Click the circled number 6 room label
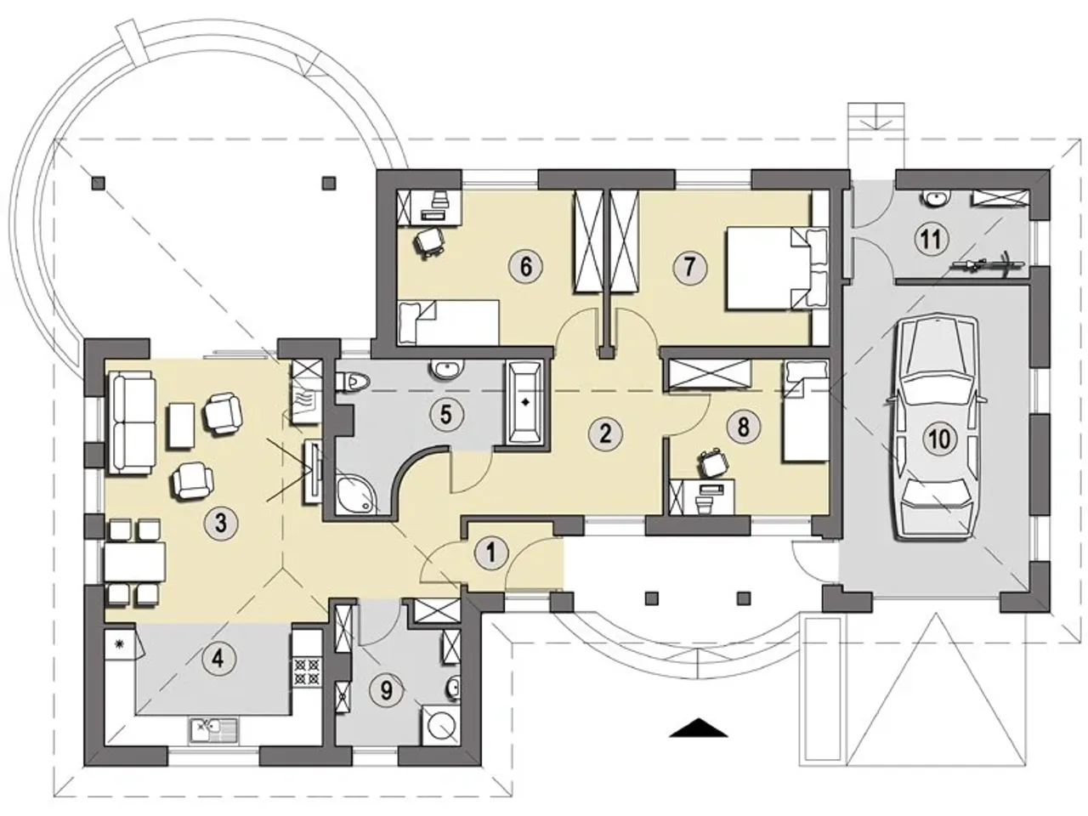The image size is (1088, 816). [525, 267]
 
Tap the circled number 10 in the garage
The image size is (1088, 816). [938, 438]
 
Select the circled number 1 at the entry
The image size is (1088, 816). [490, 552]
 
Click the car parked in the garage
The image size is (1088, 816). [935, 428]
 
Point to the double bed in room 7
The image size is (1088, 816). [777, 269]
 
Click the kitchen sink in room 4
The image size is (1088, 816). [213, 730]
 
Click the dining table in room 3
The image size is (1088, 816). [134, 561]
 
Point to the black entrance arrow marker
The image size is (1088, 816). [699, 727]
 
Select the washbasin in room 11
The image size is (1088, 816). [936, 198]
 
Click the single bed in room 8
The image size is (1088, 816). [806, 411]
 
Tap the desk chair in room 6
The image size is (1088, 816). [428, 242]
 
